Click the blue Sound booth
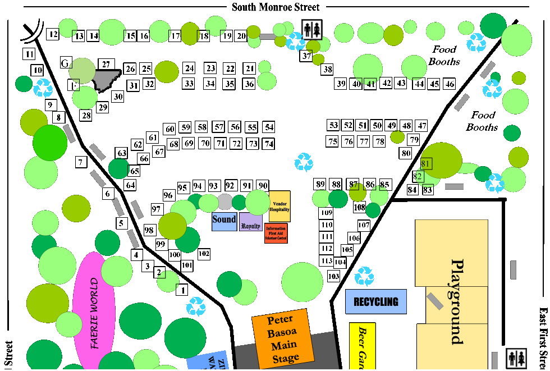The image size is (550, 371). (x=224, y=221)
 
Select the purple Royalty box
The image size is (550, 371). (x=251, y=222)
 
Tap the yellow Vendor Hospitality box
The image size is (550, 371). (x=279, y=207)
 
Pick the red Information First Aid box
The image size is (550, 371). (x=276, y=233)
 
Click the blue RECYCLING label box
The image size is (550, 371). (x=375, y=301)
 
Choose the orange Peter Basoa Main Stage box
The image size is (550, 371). (x=282, y=338)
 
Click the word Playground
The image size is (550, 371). (x=457, y=301)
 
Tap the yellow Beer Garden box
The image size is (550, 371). (x=362, y=346)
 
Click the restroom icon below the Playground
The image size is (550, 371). (x=516, y=358)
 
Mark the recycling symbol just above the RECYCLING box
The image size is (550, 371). (x=364, y=276)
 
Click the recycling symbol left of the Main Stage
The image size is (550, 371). (x=196, y=306)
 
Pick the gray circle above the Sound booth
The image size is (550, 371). (x=224, y=201)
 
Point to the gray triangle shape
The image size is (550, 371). (x=105, y=79)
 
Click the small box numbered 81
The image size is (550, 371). (x=426, y=164)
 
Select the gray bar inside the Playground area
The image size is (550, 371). (x=435, y=301)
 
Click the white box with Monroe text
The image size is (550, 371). (x=269, y=20)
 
